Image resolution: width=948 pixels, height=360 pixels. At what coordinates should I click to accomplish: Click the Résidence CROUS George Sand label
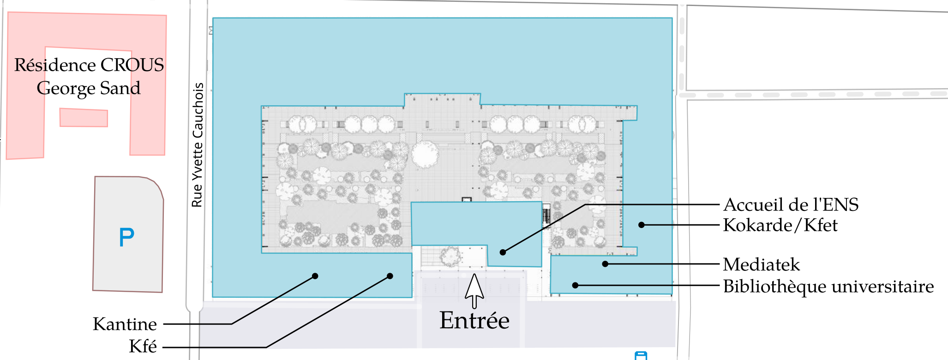pos(89,77)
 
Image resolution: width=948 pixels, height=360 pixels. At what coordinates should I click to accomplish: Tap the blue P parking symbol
pos(126,237)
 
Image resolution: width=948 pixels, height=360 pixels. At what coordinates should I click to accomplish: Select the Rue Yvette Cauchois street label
pos(198,145)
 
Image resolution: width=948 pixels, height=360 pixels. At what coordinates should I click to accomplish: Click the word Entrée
pos(474,320)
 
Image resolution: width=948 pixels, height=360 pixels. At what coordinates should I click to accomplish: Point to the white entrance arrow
pos(474,291)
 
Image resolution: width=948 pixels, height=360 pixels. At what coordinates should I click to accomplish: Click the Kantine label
pos(125,324)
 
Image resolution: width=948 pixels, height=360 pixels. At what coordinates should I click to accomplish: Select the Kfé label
pos(143,346)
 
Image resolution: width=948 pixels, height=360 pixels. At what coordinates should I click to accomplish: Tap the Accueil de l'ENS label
pos(791,204)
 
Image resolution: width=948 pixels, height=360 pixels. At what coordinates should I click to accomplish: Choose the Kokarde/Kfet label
pos(780,225)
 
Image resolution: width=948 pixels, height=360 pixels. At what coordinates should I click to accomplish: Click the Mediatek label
pos(762,264)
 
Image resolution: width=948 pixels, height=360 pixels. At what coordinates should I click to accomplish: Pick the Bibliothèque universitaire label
pos(828,287)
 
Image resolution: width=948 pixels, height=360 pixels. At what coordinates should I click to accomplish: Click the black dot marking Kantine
pos(315,276)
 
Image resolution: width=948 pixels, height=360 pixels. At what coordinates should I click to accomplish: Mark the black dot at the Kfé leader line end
pos(390,276)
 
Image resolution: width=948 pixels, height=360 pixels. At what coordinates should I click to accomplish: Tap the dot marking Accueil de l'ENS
pos(503,252)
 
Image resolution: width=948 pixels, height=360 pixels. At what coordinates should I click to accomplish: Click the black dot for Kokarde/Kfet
pos(641,225)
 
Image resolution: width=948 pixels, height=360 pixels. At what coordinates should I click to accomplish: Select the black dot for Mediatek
pos(605,264)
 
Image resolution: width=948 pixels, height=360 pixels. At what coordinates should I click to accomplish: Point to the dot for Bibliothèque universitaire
pos(575,285)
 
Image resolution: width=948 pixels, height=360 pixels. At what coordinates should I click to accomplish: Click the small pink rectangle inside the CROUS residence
pos(84,118)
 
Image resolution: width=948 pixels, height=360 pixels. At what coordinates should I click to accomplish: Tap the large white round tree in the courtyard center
pos(425,155)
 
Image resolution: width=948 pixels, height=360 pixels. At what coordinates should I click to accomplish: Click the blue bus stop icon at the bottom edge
pos(641,355)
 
